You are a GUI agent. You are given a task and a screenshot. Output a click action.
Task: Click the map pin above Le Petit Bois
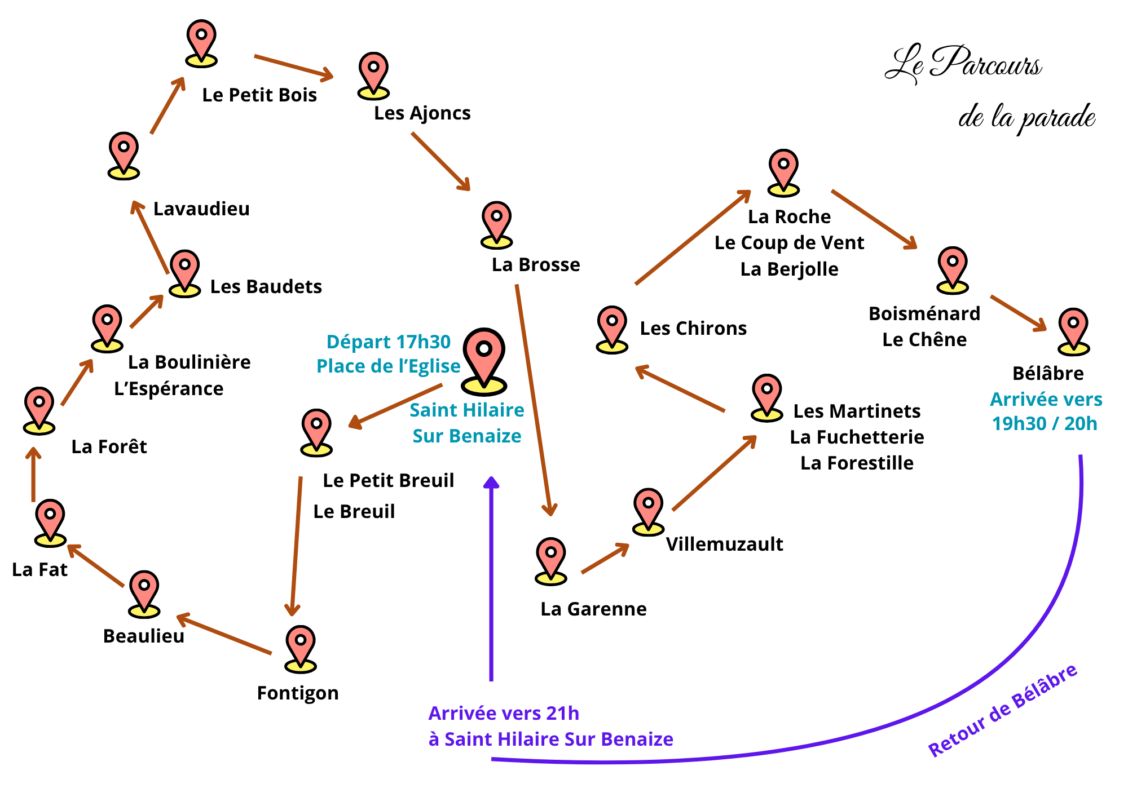point(201,42)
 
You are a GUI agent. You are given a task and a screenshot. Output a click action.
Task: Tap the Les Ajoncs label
point(422,113)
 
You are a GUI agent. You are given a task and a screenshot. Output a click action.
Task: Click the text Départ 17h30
point(389,342)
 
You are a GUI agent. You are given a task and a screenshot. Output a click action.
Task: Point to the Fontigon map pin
point(301,648)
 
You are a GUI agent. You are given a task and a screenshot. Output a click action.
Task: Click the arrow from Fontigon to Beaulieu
point(224,635)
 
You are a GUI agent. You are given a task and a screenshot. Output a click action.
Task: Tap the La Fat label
point(39,570)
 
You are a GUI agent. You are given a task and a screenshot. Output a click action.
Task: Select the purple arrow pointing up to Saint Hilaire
point(492,581)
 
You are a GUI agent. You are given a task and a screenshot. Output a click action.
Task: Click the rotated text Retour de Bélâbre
point(1003,711)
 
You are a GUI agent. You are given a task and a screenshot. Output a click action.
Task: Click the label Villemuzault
point(724,544)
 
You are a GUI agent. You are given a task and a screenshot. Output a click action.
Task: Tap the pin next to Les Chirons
point(612,329)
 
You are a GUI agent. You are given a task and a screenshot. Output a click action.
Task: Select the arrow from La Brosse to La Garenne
point(534,400)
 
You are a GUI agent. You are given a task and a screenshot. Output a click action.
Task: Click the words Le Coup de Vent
point(789,243)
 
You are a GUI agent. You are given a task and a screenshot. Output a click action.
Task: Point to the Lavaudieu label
point(201,209)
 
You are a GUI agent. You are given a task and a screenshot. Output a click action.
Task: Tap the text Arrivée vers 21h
point(504,714)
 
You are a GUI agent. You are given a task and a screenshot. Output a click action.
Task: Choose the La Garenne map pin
point(550,560)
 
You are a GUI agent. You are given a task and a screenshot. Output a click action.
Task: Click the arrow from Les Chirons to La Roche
point(693,237)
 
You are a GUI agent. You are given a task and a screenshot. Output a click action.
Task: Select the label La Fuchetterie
point(857,437)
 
